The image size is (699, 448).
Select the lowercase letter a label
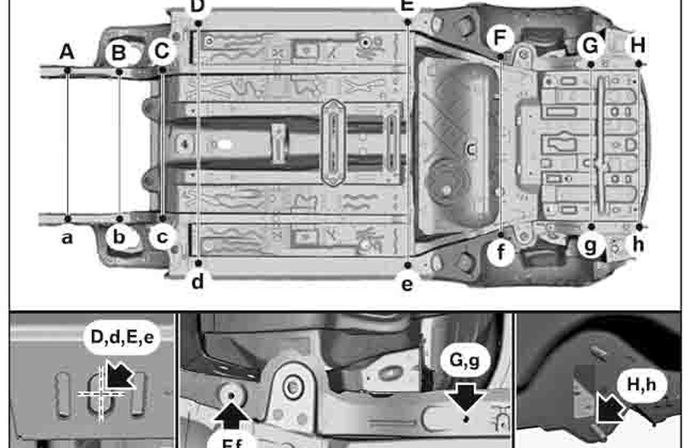click(67, 238)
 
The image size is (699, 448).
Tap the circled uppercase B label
click(119, 52)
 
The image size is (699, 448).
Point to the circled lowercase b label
click(119, 237)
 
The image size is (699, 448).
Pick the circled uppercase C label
click(161, 52)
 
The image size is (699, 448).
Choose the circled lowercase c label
click(162, 237)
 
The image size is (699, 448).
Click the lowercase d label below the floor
click(198, 282)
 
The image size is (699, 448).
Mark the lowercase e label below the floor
click(408, 284)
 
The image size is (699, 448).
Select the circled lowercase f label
click(499, 251)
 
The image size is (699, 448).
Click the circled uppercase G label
click(590, 46)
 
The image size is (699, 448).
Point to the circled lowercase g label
click(590, 245)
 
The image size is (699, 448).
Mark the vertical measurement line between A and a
click(68, 144)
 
